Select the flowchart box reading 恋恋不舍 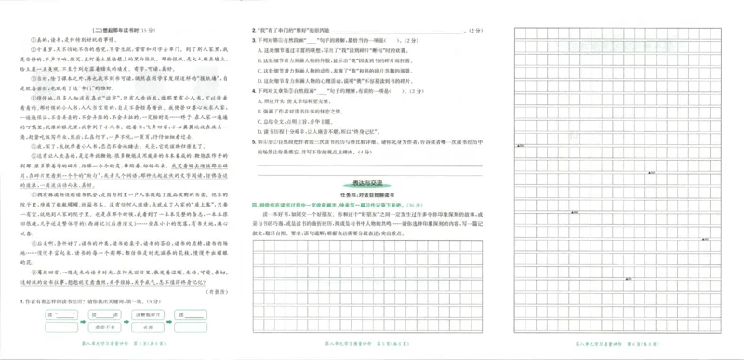point(166,313)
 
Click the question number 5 point(256,141)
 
